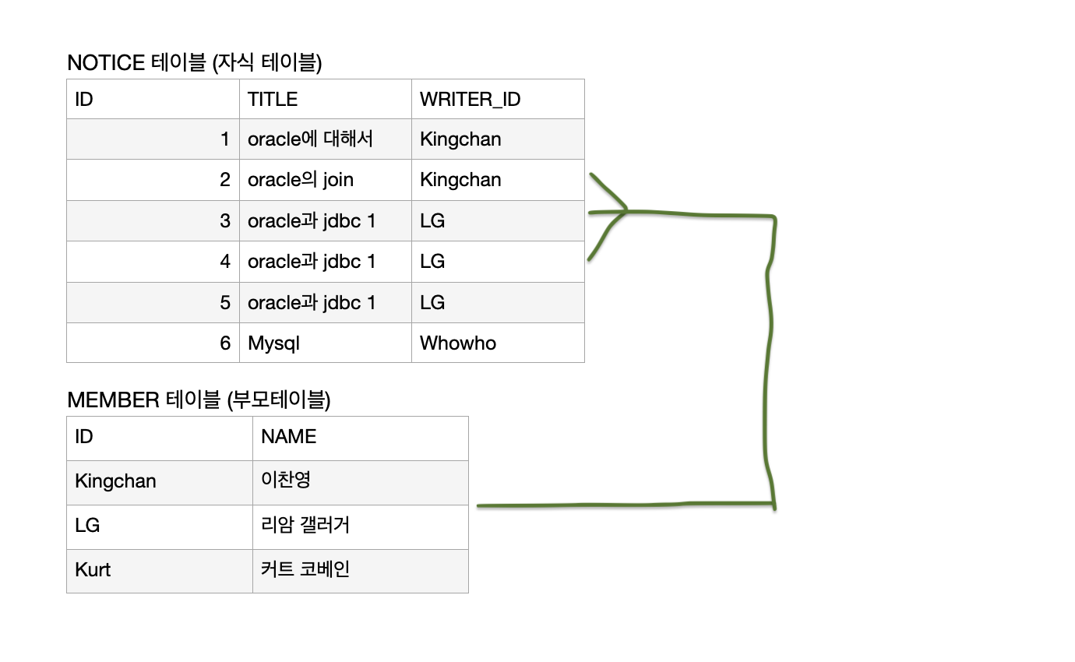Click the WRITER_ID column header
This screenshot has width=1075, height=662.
pyautogui.click(x=497, y=99)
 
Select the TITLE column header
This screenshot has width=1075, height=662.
pyautogui.click(x=325, y=99)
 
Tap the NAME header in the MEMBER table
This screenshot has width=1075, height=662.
pyautogui.click(x=360, y=437)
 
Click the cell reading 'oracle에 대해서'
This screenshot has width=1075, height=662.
pyautogui.click(x=325, y=139)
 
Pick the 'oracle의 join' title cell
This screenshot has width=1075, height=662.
pyautogui.click(x=325, y=180)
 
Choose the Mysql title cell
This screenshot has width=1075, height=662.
pyautogui.click(x=325, y=343)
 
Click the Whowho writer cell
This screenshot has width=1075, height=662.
pyautogui.click(x=497, y=343)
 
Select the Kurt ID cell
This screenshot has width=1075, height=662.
pyautogui.click(x=159, y=570)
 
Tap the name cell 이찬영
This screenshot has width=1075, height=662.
pyautogui.click(x=360, y=481)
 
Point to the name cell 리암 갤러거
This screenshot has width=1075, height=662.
pyautogui.click(x=360, y=526)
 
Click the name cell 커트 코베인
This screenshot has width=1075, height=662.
pyautogui.click(x=360, y=570)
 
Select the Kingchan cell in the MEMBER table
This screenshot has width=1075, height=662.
pyautogui.click(x=159, y=481)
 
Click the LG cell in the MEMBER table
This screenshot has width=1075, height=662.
pyautogui.click(x=159, y=526)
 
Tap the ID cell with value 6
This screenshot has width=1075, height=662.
pyautogui.click(x=153, y=343)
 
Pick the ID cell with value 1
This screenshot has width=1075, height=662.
pyautogui.click(x=153, y=139)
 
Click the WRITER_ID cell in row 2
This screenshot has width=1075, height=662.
pyautogui.click(x=497, y=180)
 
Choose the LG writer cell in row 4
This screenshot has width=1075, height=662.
pyautogui.click(x=497, y=261)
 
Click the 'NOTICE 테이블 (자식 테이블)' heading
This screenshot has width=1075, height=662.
pyautogui.click(x=195, y=63)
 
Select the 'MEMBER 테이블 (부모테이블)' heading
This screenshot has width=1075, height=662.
pyautogui.click(x=199, y=400)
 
